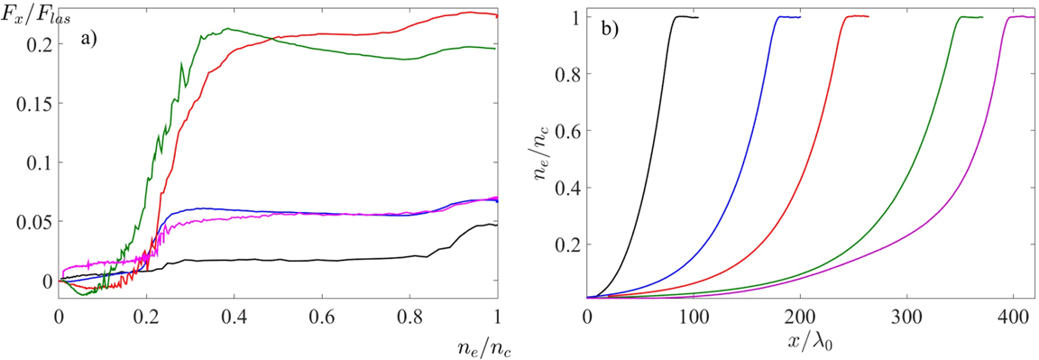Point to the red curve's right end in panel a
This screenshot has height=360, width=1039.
[497, 15]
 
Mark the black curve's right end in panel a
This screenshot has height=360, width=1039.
[497, 225]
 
